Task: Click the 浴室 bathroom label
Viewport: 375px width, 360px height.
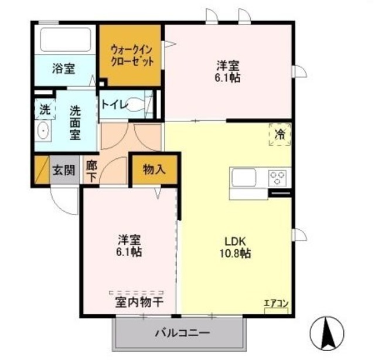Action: point(63,68)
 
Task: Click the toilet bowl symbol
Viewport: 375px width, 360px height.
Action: point(135,105)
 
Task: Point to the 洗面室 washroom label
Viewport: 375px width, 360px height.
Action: point(76,122)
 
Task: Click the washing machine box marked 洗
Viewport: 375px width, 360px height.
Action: point(45,108)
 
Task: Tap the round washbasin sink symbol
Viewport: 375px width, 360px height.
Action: point(42,132)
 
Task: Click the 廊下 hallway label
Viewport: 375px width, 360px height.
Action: point(91,171)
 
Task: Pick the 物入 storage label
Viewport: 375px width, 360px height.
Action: point(154,170)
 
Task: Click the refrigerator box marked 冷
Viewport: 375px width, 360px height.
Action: point(280,134)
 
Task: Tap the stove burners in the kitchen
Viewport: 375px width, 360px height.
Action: point(278,176)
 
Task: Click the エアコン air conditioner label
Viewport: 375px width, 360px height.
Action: point(275,303)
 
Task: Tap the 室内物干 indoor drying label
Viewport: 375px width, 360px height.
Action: point(139,303)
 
